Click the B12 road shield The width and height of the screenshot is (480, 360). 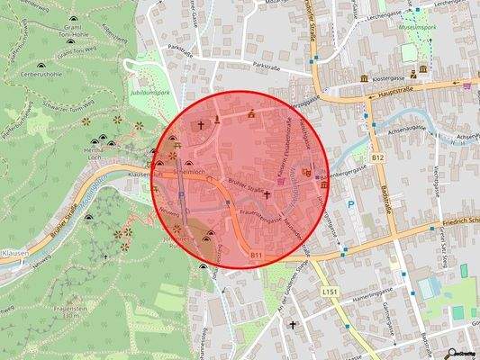pos(377,158)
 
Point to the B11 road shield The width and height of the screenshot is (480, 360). pos(257,256)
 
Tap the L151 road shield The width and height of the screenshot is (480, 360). pos(328,292)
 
